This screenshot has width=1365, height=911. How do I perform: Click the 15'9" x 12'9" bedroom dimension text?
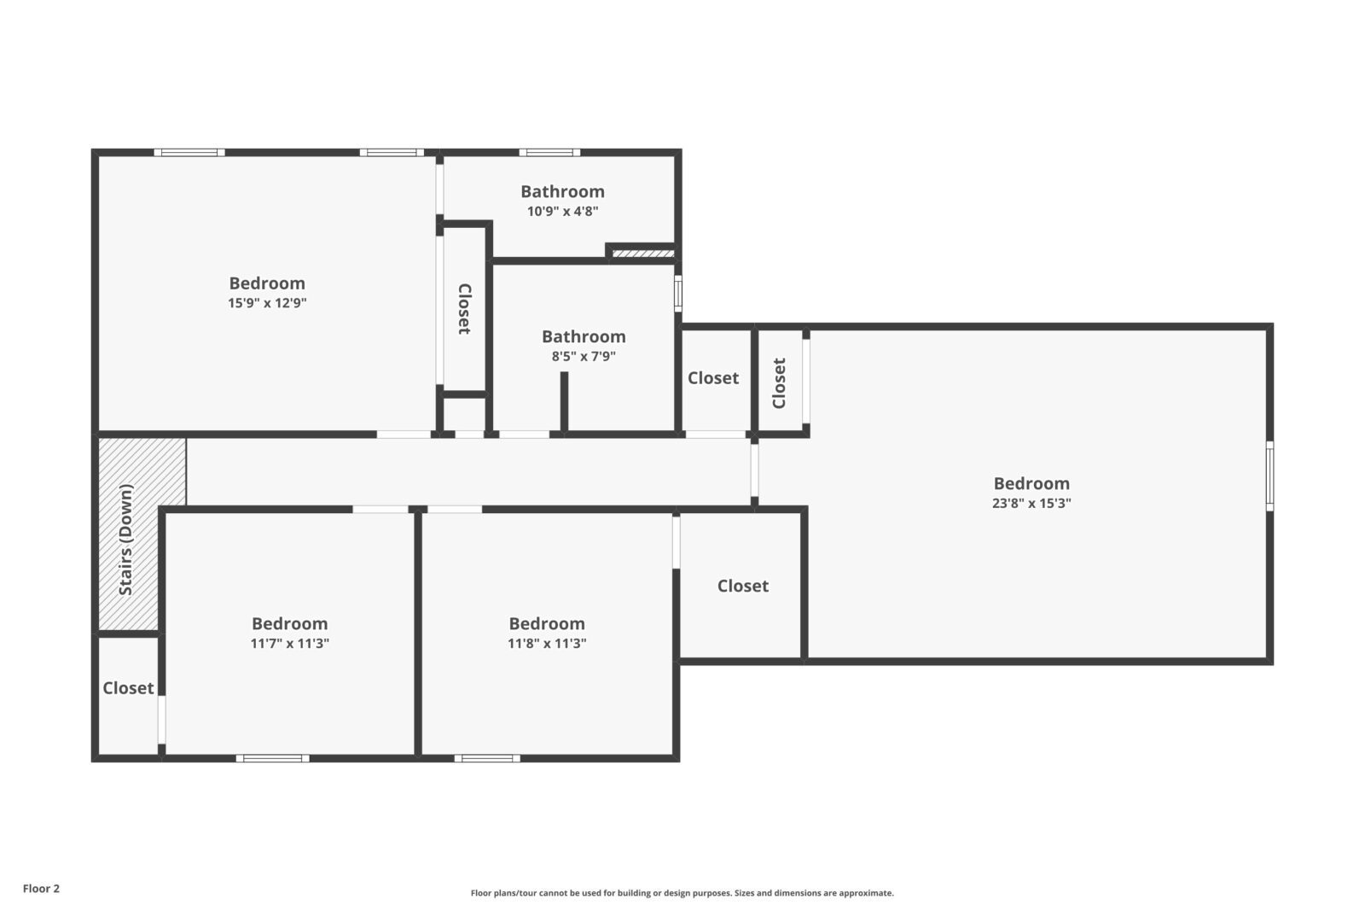click(x=266, y=303)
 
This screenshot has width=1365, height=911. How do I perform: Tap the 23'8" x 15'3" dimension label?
click(x=1031, y=504)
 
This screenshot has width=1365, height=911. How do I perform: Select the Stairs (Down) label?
click(x=126, y=540)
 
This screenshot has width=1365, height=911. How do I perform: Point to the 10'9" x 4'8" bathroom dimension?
click(x=562, y=212)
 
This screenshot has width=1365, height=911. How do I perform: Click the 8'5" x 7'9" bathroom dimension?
click(x=584, y=357)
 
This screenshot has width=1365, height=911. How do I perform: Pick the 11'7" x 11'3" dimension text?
click(x=289, y=644)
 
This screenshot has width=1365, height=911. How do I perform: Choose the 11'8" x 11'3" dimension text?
click(x=547, y=644)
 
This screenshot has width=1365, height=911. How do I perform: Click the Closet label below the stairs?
click(x=128, y=688)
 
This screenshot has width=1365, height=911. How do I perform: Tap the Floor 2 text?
click(x=41, y=889)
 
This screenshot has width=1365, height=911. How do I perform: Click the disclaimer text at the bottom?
click(x=682, y=893)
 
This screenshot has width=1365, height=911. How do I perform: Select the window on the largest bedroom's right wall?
click(x=1269, y=476)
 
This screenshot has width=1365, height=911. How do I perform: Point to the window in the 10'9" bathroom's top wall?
click(x=549, y=153)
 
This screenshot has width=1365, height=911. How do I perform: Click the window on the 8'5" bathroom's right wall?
click(x=678, y=293)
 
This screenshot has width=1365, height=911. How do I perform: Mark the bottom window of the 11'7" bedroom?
click(x=272, y=758)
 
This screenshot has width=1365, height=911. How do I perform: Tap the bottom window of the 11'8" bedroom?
click(x=487, y=758)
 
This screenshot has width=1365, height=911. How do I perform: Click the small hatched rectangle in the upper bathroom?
click(x=643, y=254)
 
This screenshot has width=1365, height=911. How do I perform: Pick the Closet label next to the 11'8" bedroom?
click(x=742, y=587)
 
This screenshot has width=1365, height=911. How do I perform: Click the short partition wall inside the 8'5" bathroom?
click(x=564, y=401)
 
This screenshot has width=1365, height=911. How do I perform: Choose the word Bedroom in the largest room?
click(x=1031, y=483)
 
